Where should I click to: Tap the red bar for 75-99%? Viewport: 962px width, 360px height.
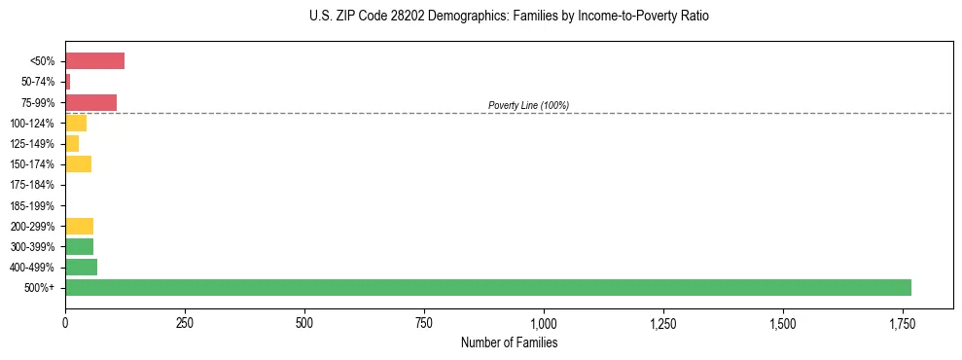coord(90,102)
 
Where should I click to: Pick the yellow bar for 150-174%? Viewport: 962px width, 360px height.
coord(78,163)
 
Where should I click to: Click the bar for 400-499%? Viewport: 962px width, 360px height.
coord(81,267)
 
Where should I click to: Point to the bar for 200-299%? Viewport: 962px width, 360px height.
coord(79,226)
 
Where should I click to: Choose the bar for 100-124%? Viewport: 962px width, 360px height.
coord(76,123)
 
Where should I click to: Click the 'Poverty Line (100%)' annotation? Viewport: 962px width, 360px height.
coord(528,105)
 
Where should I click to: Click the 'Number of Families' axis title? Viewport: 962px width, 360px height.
coord(509,342)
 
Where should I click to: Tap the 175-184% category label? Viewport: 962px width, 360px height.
coord(33,185)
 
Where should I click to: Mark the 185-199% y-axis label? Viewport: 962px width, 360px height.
coord(33,205)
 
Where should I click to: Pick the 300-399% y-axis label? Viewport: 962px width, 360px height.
coord(33,246)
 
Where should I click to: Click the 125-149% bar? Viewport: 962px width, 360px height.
coord(72,143)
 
